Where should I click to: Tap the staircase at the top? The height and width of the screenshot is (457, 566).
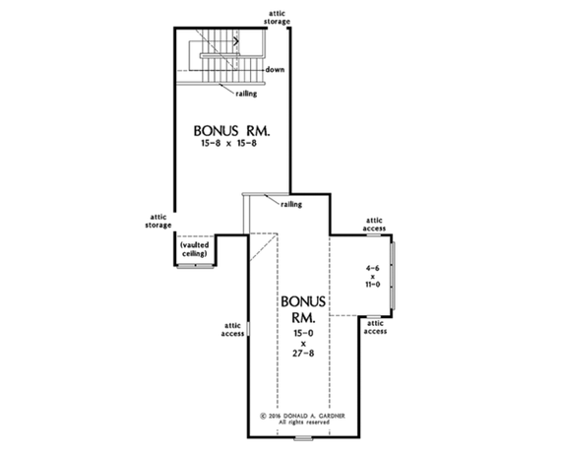click(232, 57)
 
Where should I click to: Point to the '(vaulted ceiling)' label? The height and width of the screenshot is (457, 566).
click(193, 249)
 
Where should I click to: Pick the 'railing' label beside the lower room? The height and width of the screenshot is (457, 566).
click(290, 204)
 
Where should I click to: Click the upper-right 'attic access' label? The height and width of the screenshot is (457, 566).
click(375, 225)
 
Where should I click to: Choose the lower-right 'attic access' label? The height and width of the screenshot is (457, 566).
click(375, 326)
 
